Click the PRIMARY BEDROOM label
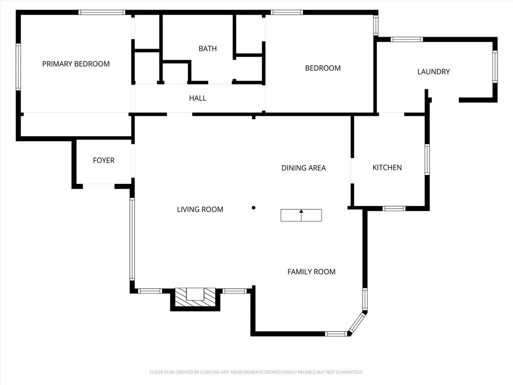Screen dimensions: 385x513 (x=76, y=64)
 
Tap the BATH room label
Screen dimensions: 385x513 (x=207, y=49)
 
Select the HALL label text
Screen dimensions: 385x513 (x=197, y=98)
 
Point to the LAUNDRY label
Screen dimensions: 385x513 (x=433, y=72)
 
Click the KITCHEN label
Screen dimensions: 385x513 (x=387, y=167)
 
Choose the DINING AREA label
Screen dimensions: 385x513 (x=303, y=168)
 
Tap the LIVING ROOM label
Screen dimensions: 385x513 (x=200, y=210)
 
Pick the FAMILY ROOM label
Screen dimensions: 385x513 (x=311, y=272)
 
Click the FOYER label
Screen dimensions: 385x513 (x=103, y=160)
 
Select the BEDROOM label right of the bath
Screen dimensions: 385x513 (x=323, y=68)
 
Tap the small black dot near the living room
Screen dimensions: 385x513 (x=253, y=208)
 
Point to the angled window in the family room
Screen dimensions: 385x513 (x=357, y=322)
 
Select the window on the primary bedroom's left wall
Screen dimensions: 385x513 (x=19, y=67)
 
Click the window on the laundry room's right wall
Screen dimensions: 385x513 (x=494, y=67)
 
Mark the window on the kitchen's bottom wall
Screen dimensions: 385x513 (x=394, y=208)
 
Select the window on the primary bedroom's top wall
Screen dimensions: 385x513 (x=102, y=12)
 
